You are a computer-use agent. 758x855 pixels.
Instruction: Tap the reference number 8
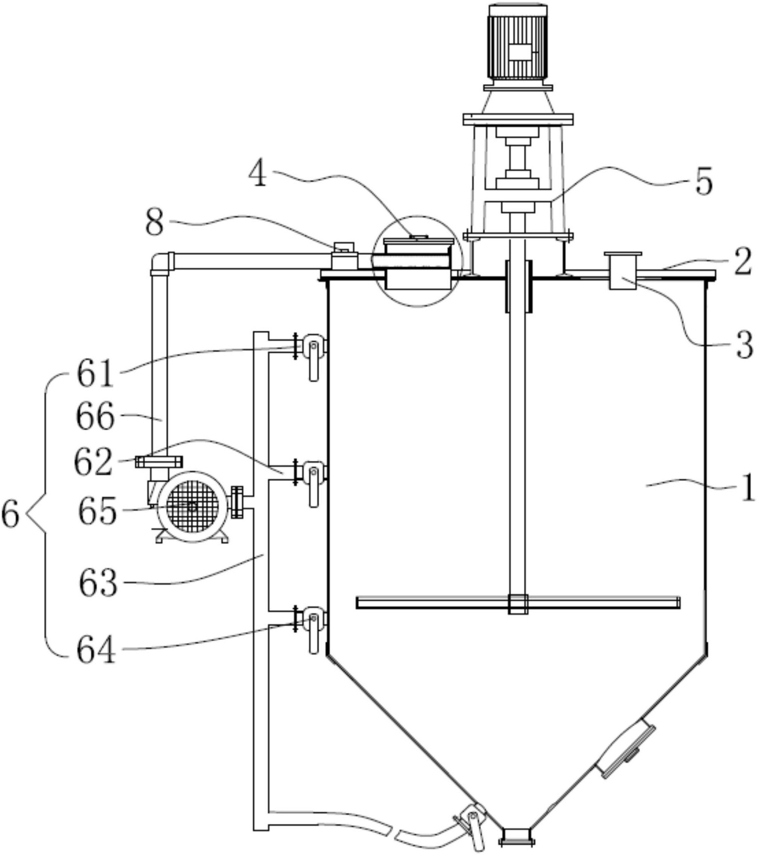(155, 223)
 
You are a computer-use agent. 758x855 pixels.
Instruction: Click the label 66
(96, 417)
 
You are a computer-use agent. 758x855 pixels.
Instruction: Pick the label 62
(93, 463)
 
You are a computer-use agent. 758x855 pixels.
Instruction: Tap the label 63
(98, 584)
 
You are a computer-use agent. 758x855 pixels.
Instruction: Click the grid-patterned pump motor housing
(191, 507)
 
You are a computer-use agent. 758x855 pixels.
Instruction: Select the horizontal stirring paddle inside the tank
(518, 603)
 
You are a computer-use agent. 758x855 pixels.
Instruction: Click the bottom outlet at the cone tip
(517, 836)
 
